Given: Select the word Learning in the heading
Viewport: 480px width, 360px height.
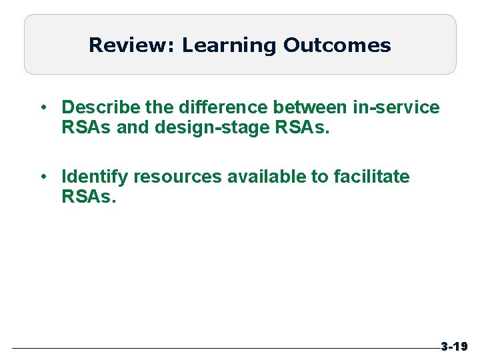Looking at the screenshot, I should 228,45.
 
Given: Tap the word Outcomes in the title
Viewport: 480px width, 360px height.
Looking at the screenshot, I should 337,45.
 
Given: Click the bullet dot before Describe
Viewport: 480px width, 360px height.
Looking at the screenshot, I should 42,107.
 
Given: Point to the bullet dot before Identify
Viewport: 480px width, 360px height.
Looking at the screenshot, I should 42,177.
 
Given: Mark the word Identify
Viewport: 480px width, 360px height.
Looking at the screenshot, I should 95,177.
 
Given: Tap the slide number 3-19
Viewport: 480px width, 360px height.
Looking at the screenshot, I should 455,347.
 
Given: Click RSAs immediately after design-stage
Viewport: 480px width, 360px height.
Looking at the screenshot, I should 300,127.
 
